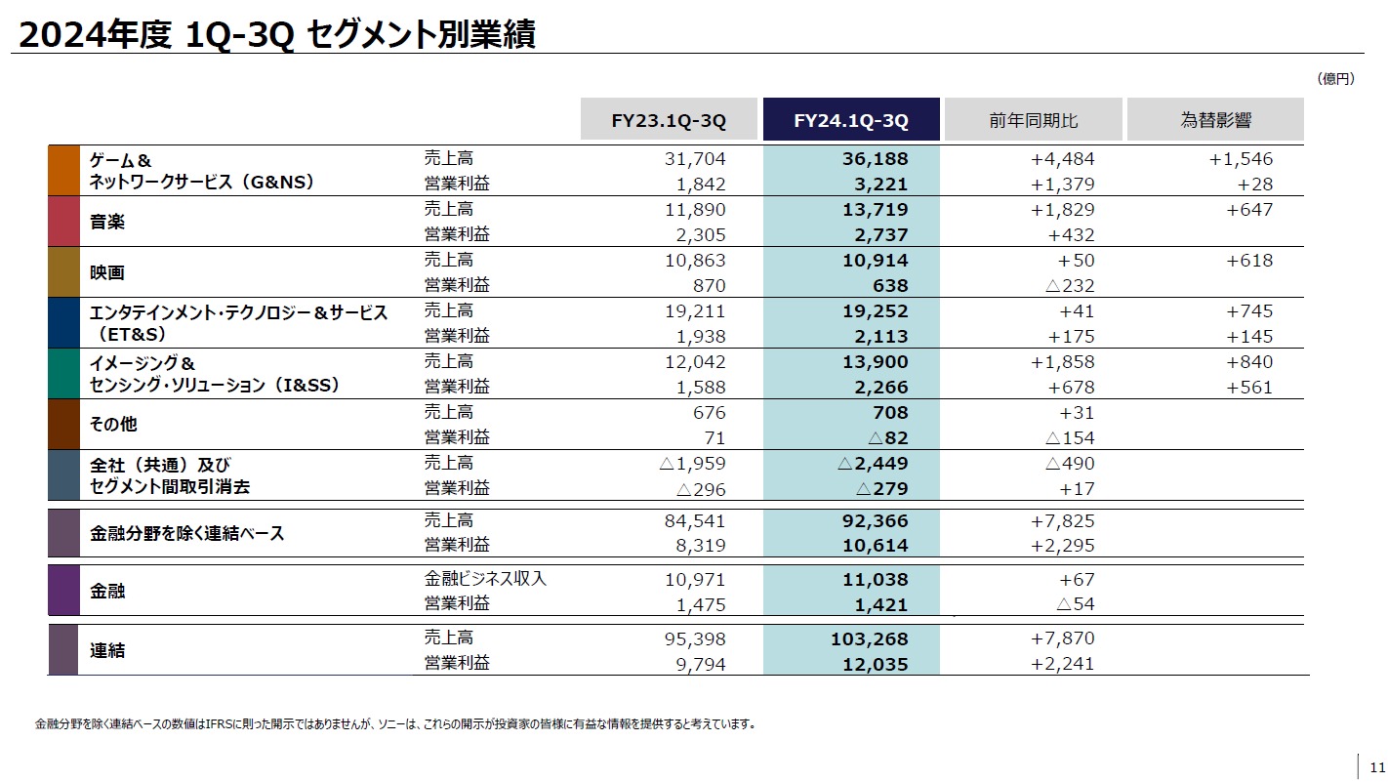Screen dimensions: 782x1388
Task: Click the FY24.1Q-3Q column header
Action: click(x=851, y=120)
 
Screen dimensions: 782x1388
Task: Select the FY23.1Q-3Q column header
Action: click(x=669, y=120)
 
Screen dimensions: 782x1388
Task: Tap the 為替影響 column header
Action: click(x=1215, y=120)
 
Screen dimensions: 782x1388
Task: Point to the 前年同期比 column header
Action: click(x=1033, y=120)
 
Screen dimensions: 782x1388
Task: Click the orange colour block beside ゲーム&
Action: click(x=62, y=171)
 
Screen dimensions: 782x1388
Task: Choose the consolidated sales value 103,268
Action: click(x=863, y=639)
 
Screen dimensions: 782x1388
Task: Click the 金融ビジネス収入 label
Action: click(x=485, y=579)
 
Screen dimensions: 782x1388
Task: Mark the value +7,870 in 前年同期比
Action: click(x=1062, y=639)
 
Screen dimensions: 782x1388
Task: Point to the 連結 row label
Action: click(x=107, y=650)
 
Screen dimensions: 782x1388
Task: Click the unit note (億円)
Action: click(x=1334, y=79)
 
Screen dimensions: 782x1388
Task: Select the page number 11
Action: click(x=1377, y=765)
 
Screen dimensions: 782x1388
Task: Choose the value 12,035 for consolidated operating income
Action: click(x=869, y=665)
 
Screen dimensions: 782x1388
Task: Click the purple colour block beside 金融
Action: click(x=62, y=591)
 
